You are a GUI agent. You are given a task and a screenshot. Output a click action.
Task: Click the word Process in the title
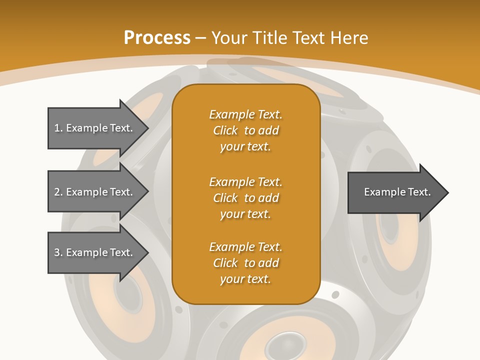[x=157, y=38]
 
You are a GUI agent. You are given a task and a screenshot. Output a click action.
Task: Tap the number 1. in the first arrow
[x=58, y=128]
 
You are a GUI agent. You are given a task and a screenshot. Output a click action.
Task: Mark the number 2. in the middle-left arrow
[x=58, y=192]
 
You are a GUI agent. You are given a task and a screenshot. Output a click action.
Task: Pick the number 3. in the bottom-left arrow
[x=58, y=252]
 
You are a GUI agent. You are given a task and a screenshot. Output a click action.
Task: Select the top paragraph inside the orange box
[x=245, y=130]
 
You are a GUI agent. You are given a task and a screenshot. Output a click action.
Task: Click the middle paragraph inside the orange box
[x=245, y=198]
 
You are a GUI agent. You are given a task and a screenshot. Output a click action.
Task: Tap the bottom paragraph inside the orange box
[x=245, y=263]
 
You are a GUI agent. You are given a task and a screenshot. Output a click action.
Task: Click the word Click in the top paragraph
[x=225, y=130]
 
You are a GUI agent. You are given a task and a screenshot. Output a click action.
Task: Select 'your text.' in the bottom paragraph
[x=245, y=279]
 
